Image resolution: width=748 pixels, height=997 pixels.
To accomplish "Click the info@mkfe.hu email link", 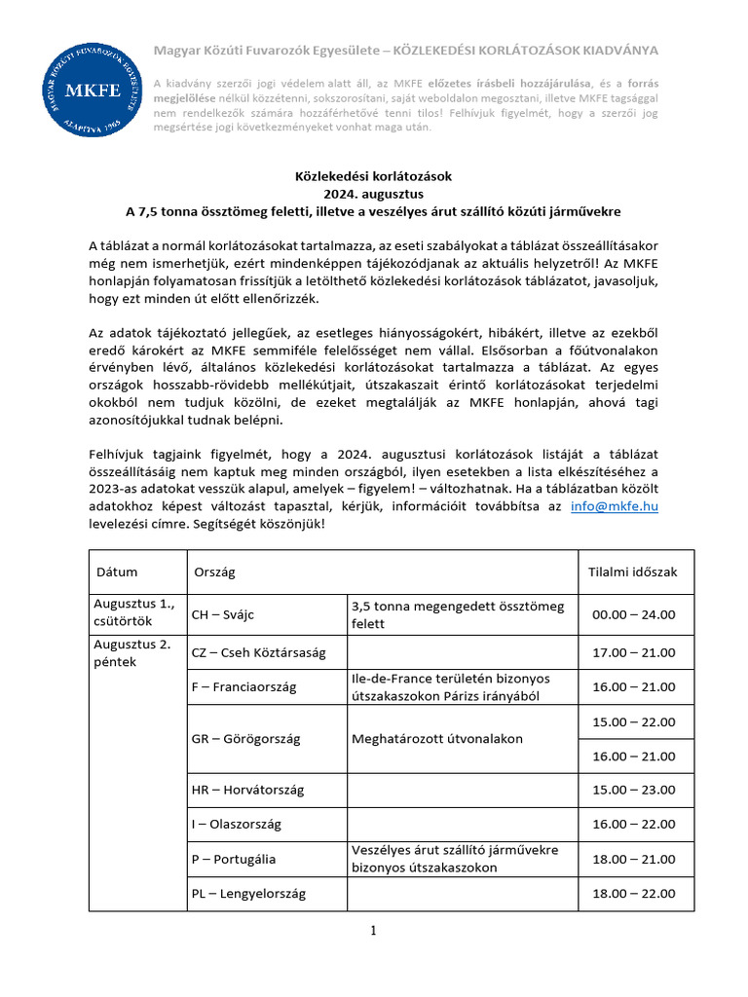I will (x=615, y=507).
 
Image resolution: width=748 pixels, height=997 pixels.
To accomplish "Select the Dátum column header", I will (x=116, y=572).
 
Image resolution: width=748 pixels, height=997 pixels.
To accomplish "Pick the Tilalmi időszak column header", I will (x=633, y=572).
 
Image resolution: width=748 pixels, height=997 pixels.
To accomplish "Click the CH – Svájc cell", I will (x=229, y=614).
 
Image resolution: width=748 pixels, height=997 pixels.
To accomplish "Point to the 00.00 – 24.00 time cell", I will (x=633, y=614).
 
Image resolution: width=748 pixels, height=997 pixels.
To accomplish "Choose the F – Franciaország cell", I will (x=244, y=687).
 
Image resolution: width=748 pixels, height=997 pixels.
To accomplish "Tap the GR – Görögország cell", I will (x=246, y=738).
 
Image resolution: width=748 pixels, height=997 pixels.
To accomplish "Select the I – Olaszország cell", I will (x=237, y=824).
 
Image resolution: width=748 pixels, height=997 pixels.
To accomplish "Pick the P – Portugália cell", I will (x=234, y=859).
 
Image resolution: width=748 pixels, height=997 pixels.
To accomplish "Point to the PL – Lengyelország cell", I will (x=248, y=893).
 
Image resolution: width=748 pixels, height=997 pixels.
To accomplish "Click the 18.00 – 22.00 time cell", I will (x=633, y=893).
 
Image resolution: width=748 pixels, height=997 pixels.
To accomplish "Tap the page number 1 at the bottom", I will (x=373, y=931).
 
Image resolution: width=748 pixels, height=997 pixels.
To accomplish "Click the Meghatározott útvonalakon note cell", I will (x=436, y=738).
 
